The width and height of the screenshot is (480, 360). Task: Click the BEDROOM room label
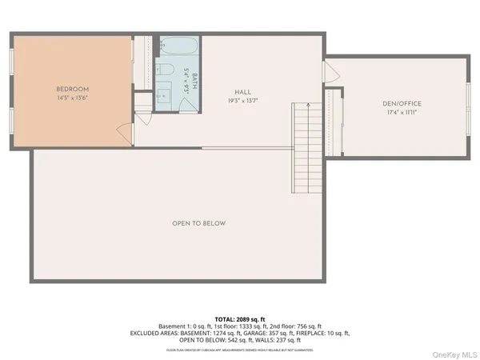click(x=72, y=88)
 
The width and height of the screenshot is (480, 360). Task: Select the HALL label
click(x=243, y=93)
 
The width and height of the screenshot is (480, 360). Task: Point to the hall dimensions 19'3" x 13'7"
click(x=243, y=102)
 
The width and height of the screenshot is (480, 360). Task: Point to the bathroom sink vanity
click(x=164, y=96)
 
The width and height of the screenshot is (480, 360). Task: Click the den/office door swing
click(x=329, y=72)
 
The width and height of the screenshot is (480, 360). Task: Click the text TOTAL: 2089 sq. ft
click(x=240, y=319)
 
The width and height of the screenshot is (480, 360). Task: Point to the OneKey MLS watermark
click(x=452, y=353)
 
